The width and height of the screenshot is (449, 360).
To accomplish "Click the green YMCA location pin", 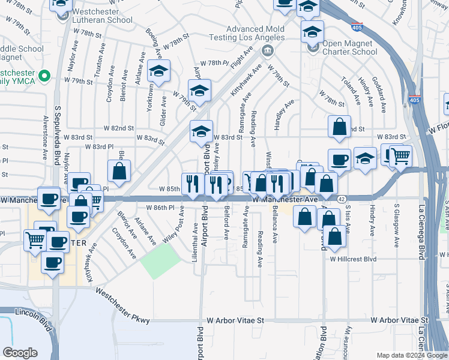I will (44, 76).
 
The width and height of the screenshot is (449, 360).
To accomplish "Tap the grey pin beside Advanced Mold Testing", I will (268, 50).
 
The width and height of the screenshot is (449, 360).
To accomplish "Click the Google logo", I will (20, 353).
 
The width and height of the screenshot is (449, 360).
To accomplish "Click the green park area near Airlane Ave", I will (160, 262).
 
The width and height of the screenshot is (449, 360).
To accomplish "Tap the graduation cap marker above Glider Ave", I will (158, 71).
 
